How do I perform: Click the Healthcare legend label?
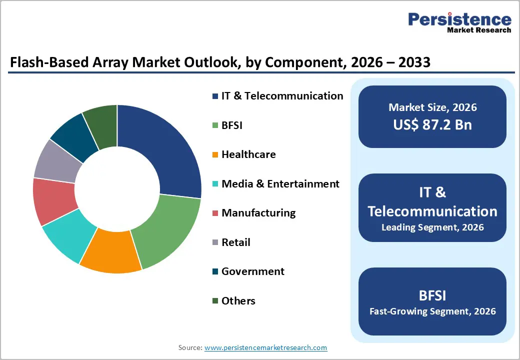click(248, 154)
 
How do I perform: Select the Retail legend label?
click(235, 242)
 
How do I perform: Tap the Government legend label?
click(252, 271)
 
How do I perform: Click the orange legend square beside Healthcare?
click(215, 155)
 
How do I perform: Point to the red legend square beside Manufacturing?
click(215, 213)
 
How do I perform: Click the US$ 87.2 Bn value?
click(432, 124)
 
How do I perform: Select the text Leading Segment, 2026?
click(432, 227)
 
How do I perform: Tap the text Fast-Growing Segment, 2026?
click(432, 311)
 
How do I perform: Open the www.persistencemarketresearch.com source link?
click(265, 347)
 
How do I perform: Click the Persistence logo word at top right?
click(459, 19)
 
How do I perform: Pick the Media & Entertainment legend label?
click(280, 184)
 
